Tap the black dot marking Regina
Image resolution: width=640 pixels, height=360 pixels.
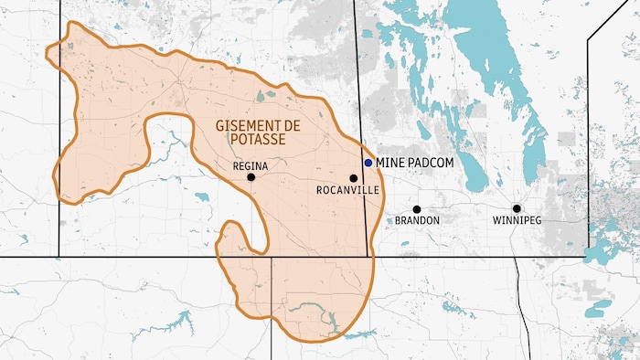click(251, 177)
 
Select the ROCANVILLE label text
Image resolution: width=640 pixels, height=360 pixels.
click(345, 190)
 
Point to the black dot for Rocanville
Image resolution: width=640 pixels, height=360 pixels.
click(353, 178)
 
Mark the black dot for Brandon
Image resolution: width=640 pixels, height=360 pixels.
click(417, 209)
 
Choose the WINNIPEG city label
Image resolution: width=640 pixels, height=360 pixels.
click(517, 221)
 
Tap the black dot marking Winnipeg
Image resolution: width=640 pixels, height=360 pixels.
click(517, 209)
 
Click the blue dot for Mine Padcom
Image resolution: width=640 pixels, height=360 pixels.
click(368, 162)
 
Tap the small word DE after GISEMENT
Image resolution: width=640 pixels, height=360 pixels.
click(294, 124)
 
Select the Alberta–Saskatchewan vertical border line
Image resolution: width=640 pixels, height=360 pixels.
click(60, 137)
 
